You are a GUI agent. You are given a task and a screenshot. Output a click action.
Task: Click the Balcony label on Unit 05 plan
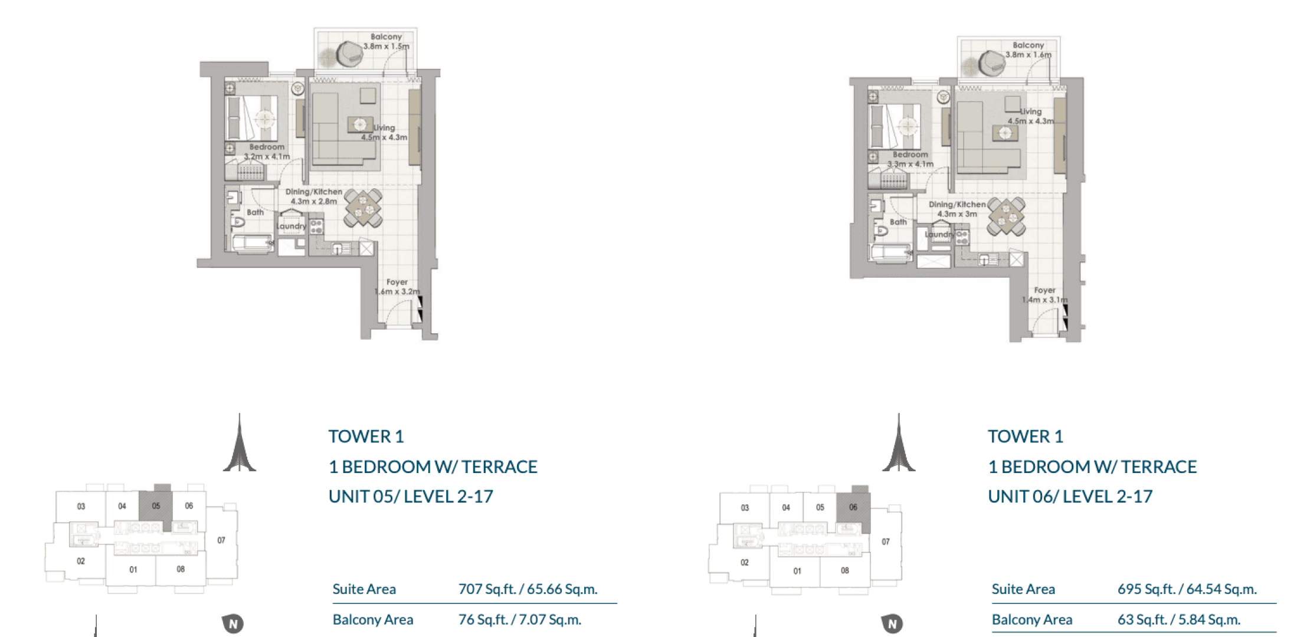(x=386, y=37)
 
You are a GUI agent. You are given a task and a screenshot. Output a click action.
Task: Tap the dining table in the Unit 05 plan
(x=363, y=208)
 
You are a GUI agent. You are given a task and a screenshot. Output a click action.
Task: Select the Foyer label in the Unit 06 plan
(x=1044, y=290)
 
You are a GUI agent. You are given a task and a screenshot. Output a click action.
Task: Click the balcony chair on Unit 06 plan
(x=992, y=62)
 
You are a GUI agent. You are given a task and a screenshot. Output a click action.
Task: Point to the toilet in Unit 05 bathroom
(x=238, y=222)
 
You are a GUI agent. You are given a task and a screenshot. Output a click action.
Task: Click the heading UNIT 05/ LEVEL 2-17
(x=411, y=497)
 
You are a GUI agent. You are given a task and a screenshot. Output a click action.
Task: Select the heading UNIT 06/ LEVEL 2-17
(x=1070, y=497)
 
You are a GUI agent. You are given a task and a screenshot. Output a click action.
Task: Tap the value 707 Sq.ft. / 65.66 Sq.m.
(x=528, y=589)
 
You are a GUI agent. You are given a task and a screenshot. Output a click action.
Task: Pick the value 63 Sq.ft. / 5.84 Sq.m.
(x=1179, y=620)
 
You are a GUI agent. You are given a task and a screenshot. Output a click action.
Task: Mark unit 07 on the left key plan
(x=221, y=540)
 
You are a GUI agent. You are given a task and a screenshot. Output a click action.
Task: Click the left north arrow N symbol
(x=233, y=623)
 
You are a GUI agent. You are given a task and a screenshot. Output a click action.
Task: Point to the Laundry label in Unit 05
(x=292, y=226)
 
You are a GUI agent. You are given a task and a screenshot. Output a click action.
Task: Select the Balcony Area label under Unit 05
(x=373, y=620)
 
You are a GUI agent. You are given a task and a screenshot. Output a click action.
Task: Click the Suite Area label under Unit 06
(x=1023, y=589)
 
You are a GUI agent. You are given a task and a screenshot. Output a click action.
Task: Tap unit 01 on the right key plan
(x=797, y=571)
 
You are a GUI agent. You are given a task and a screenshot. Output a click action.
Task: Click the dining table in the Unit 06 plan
(x=1006, y=217)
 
